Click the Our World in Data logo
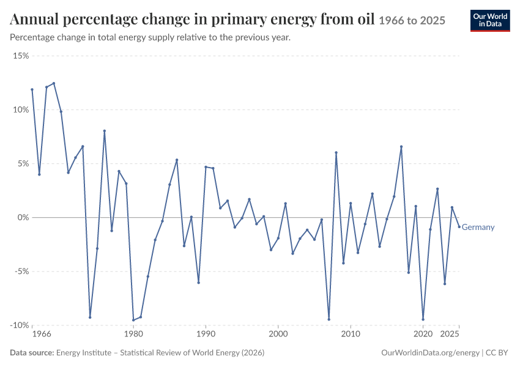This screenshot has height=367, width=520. click(490, 21)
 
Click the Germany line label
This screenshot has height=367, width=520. click(478, 227)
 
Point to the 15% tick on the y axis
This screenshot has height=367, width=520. click(21, 56)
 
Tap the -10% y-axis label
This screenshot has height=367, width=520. click(20, 325)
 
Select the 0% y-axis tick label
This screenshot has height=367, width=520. click(23, 218)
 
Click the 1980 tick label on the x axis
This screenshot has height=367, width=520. click(133, 334)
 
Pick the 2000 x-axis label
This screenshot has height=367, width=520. click(278, 334)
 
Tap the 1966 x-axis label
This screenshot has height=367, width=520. click(42, 334)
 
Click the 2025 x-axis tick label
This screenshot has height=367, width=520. click(450, 334)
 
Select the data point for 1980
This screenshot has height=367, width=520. click(133, 321)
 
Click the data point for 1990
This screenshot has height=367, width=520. click(206, 167)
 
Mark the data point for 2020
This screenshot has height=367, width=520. click(423, 319)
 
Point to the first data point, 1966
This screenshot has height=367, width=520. click(32, 89)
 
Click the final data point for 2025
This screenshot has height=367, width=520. click(459, 227)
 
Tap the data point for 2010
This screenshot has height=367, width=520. click(351, 203)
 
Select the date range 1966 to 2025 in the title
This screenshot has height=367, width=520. click(412, 21)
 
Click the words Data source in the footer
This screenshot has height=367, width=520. click(32, 353)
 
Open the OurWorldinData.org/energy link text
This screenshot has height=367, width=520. click(430, 353)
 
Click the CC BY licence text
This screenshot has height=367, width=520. click(497, 353)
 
